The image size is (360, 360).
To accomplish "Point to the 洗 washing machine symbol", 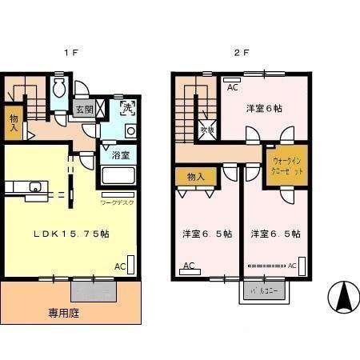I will click(x=128, y=107).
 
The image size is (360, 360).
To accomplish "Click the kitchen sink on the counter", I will click(x=34, y=187).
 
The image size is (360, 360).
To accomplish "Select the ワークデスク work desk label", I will click(x=118, y=202).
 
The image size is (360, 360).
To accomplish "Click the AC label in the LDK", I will click(x=119, y=266).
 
